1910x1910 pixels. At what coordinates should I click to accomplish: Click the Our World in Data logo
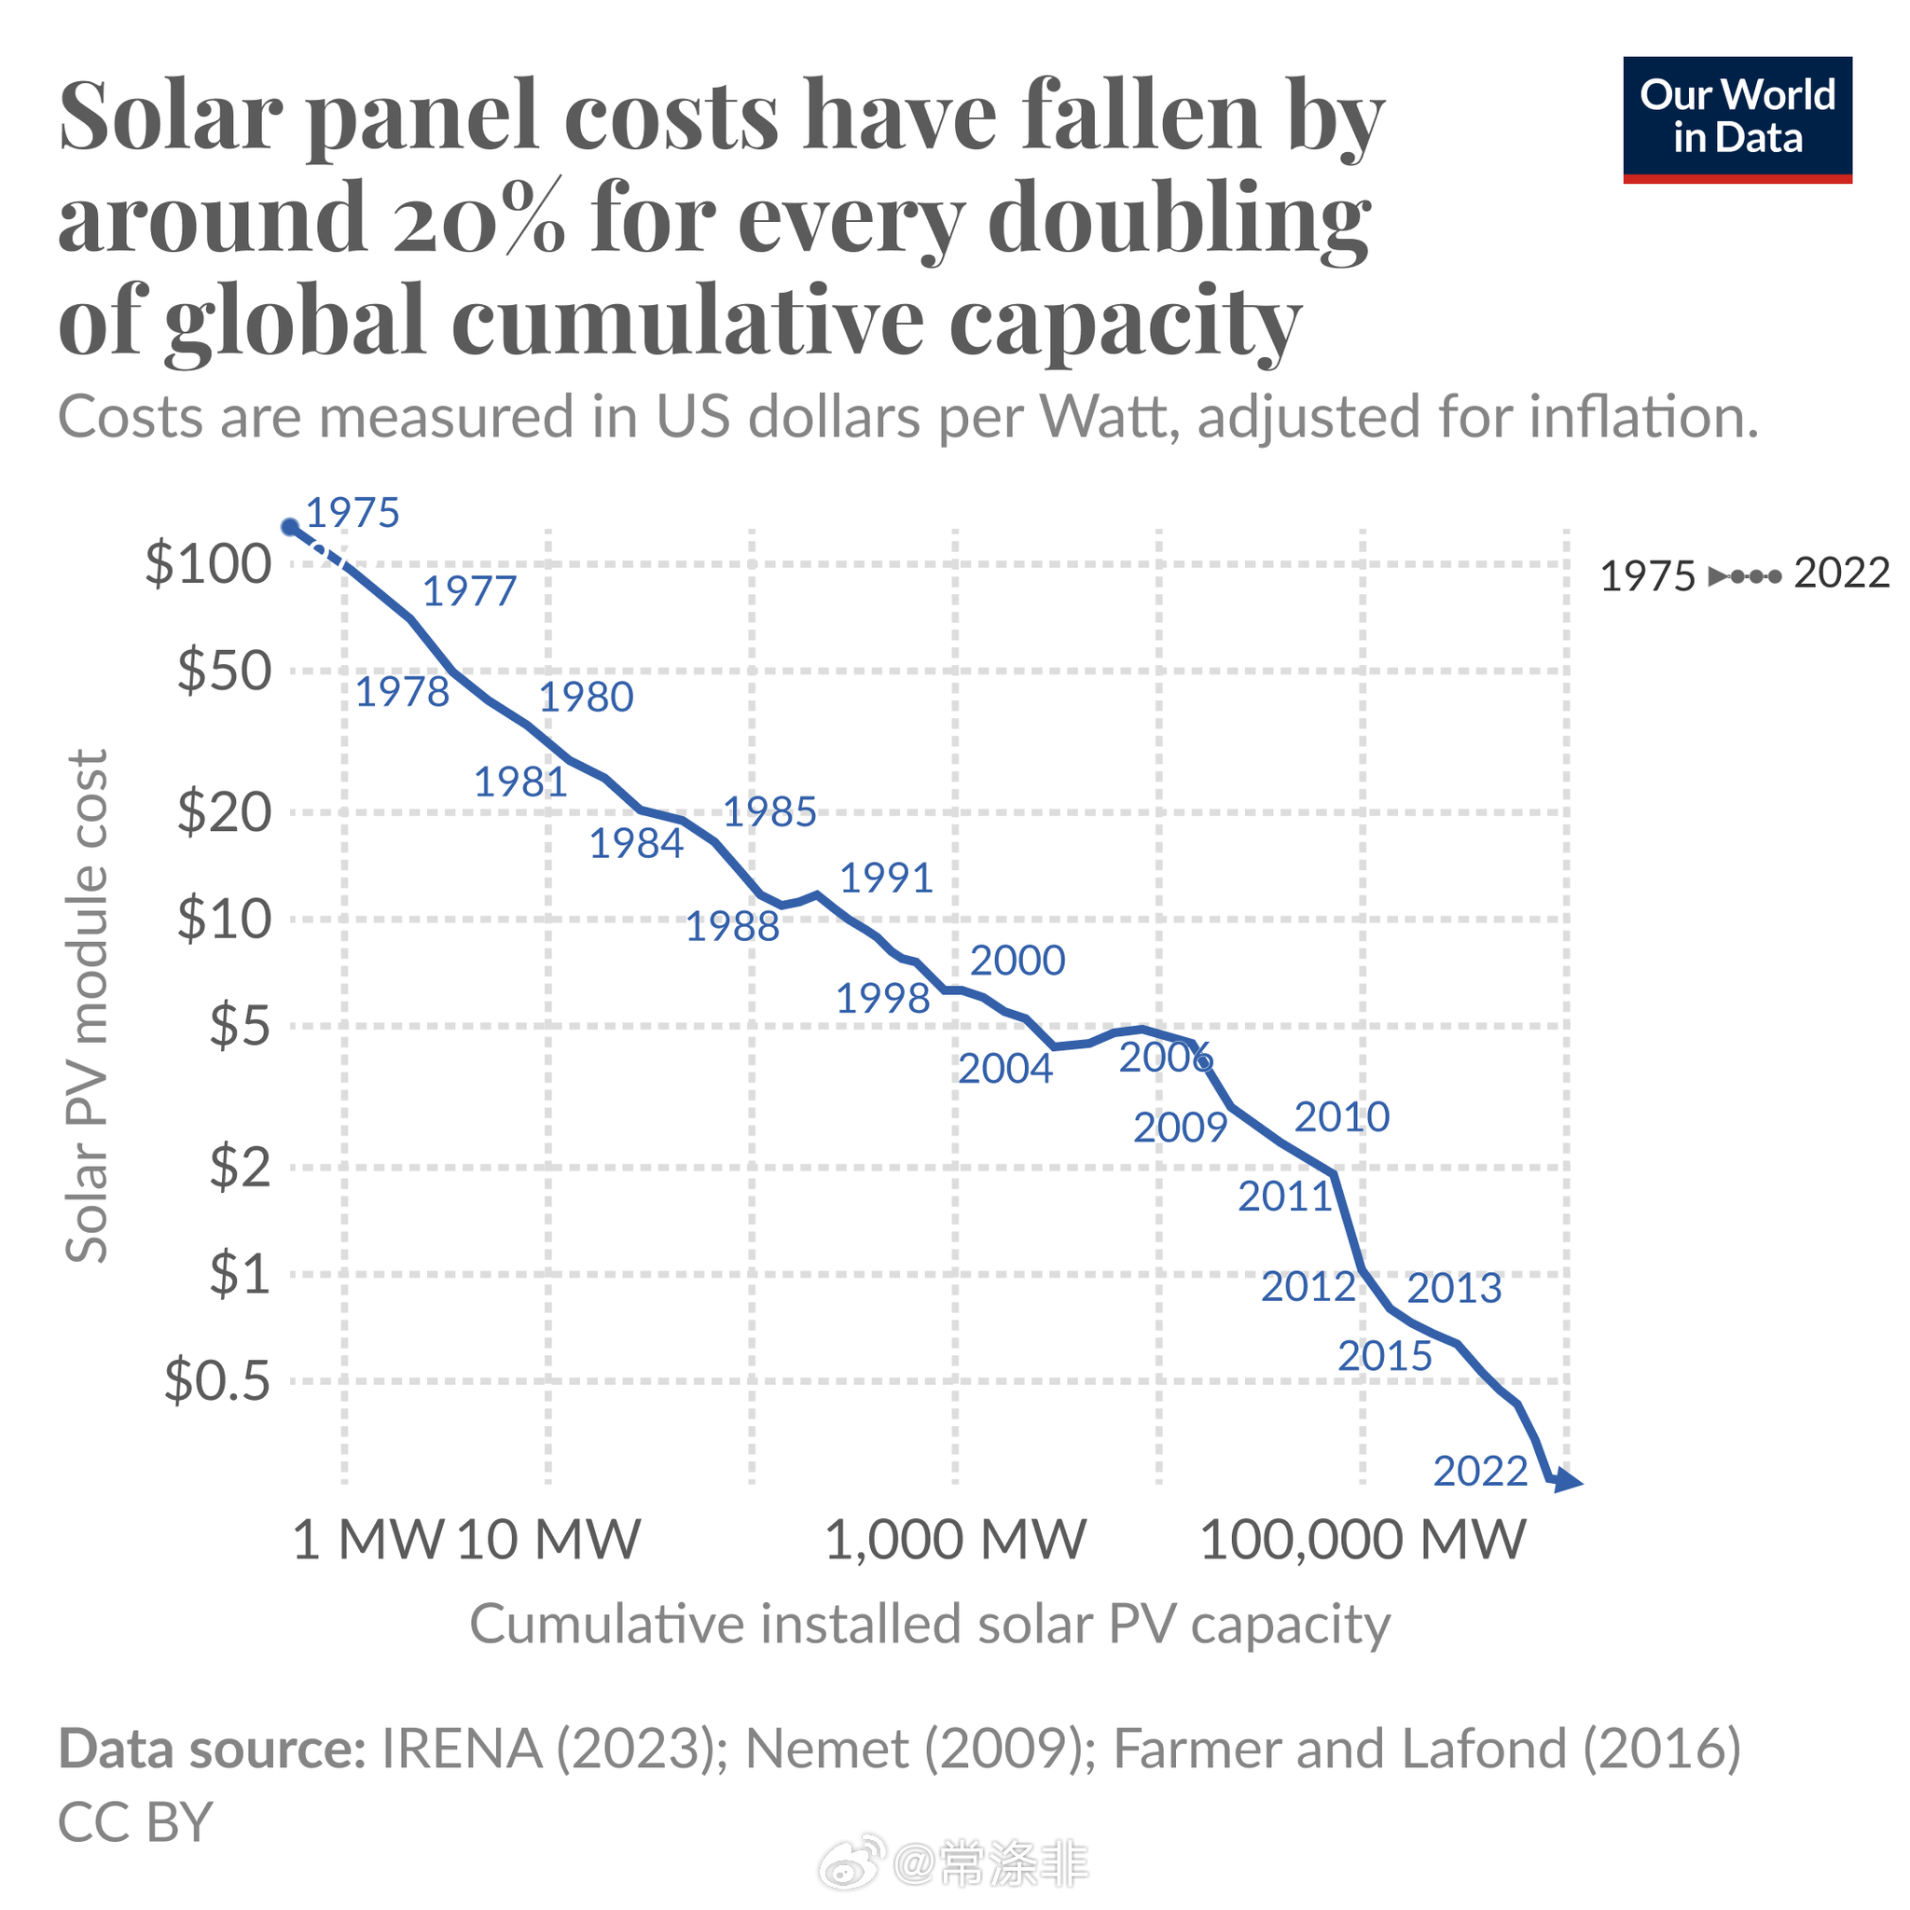[1737, 118]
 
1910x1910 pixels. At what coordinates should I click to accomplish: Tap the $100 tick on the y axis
[208, 564]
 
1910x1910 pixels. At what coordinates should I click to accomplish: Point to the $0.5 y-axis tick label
[216, 1380]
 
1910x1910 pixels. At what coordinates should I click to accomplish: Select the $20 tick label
[224, 812]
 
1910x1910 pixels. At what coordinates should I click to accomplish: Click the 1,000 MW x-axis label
[954, 1539]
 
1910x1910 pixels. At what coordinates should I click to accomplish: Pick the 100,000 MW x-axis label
[1363, 1539]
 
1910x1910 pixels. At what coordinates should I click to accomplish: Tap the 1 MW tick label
[367, 1539]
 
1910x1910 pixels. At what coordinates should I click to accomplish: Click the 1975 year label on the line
[352, 512]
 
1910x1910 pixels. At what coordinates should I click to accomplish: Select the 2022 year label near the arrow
[1480, 1471]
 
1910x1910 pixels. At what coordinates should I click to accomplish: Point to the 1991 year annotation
[886, 878]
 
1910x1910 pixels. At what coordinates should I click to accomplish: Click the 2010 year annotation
[1341, 1117]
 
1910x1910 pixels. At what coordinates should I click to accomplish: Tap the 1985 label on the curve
[769, 811]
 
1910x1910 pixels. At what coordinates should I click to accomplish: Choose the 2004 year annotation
[1004, 1069]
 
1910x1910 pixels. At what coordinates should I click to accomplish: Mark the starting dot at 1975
[291, 527]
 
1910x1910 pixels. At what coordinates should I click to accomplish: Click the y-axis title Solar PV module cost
[86, 1005]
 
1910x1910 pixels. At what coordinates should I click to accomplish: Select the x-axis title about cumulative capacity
[929, 1625]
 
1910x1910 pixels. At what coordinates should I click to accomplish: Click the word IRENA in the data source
[461, 1749]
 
